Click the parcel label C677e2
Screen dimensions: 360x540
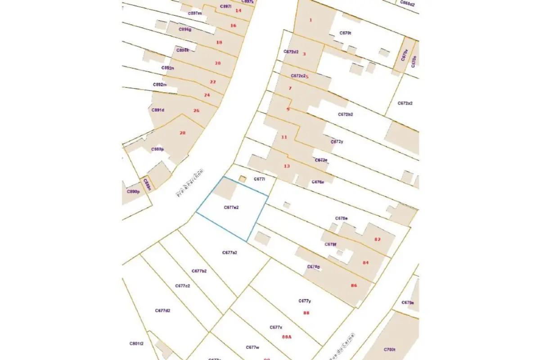click(x=231, y=207)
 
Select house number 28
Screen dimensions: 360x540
click(x=182, y=133)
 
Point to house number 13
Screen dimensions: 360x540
click(x=287, y=166)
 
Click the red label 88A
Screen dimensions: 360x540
click(x=287, y=336)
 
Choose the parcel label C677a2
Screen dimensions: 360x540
click(x=229, y=252)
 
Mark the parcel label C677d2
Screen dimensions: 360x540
click(x=162, y=310)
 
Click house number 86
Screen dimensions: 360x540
click(x=354, y=285)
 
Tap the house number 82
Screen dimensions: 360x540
click(x=377, y=239)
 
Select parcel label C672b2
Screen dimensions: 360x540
click(x=346, y=114)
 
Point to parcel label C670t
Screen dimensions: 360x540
click(x=345, y=33)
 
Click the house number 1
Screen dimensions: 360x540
click(x=310, y=20)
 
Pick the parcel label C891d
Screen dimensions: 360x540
click(x=158, y=110)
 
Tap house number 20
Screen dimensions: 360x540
click(x=218, y=63)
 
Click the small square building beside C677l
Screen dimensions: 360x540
click(x=242, y=179)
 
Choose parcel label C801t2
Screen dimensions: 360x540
click(x=136, y=343)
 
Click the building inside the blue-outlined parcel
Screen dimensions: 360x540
click(x=224, y=189)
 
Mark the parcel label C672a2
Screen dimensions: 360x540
click(x=405, y=103)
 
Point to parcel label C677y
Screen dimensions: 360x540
click(x=305, y=301)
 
